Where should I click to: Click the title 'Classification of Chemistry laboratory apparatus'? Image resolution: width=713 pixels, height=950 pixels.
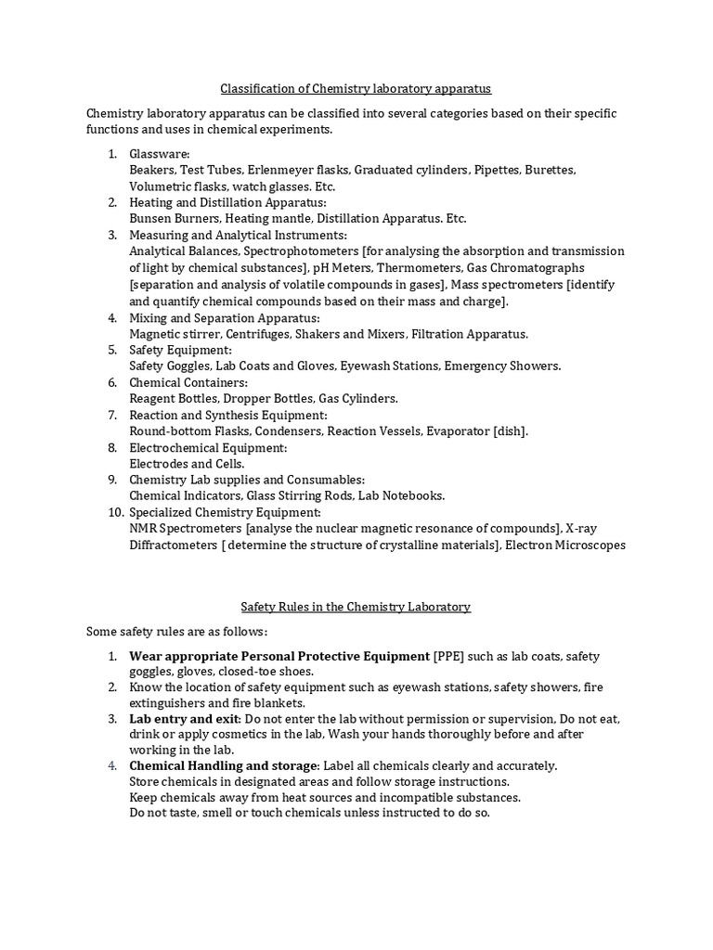click(356, 89)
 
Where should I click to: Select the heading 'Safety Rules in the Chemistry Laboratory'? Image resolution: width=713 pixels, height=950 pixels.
click(356, 607)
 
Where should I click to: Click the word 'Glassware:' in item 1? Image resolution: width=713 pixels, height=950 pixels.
click(160, 153)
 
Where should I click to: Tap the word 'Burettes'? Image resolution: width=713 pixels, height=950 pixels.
click(550, 170)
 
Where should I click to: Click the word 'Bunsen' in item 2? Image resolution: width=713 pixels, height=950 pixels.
click(150, 219)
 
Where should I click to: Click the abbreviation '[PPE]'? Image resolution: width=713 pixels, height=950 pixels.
click(449, 656)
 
